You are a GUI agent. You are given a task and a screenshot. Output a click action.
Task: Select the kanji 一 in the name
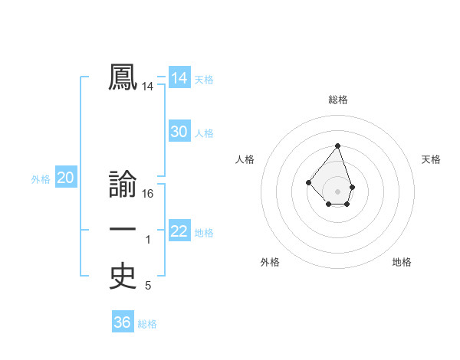coord(123,231)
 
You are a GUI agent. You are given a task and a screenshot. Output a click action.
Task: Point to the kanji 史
coord(123,277)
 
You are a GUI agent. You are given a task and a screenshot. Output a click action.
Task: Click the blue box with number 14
coord(179,78)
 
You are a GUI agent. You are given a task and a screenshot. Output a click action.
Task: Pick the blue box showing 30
coord(179,132)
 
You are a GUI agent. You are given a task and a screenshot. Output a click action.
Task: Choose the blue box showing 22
coord(179,231)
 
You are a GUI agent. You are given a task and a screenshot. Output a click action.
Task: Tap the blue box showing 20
coord(66,178)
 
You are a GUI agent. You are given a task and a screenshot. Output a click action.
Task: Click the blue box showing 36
coord(123,322)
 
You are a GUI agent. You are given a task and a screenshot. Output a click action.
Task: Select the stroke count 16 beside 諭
coord(148,194)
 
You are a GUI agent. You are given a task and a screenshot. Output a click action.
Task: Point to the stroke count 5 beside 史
coord(148,286)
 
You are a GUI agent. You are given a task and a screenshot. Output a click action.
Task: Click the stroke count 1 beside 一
coord(148,240)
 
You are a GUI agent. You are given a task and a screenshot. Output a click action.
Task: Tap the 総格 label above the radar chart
coord(338,100)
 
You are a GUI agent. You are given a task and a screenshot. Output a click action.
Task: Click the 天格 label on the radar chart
coord(431,159)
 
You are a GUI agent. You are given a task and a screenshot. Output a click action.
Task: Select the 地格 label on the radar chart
coord(402,262)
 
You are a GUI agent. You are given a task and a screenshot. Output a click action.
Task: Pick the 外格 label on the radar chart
coord(270,262)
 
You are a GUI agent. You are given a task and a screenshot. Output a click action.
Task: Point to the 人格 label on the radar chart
coord(245,159)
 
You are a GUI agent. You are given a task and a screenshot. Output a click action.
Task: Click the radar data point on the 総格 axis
coord(338,146)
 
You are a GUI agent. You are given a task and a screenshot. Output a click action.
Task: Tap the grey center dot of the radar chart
coord(338,191)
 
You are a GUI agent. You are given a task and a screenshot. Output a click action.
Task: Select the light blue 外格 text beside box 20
coord(41,179)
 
